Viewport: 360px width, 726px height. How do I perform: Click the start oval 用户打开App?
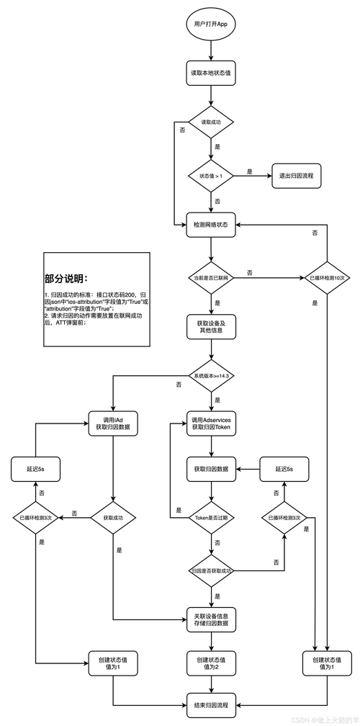(x=211, y=24)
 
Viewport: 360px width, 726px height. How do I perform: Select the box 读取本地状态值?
(x=210, y=73)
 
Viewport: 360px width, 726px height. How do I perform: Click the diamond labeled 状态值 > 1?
(x=210, y=175)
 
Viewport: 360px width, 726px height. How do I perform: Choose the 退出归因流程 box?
(x=295, y=175)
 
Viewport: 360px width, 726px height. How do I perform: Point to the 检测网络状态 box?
(x=210, y=225)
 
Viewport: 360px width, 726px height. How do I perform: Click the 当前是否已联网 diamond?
(x=210, y=277)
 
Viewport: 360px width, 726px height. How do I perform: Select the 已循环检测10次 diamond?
(x=327, y=277)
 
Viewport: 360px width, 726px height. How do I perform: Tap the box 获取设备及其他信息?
(x=210, y=326)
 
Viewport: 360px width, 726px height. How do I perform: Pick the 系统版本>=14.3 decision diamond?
(x=211, y=376)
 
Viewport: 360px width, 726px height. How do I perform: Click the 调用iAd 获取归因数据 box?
(x=113, y=423)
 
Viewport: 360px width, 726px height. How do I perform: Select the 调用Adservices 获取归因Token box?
(x=210, y=423)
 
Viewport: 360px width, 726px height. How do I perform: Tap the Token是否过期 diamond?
(x=210, y=518)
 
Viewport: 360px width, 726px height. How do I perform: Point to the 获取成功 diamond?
(x=113, y=518)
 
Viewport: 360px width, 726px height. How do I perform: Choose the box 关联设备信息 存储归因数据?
(x=210, y=619)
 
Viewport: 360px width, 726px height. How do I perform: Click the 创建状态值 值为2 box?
(x=210, y=663)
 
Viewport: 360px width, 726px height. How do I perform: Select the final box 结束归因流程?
(x=210, y=704)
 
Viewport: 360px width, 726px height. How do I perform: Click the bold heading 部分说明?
(x=67, y=279)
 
